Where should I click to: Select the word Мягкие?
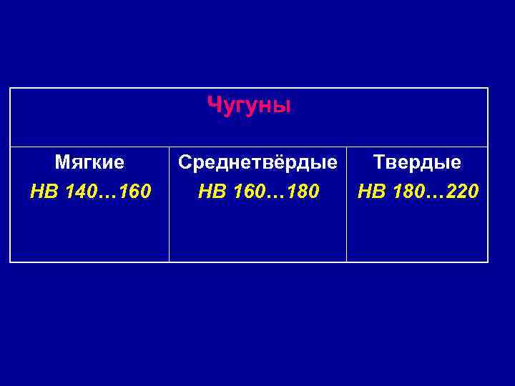[x=89, y=163]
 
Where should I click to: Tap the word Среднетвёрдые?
[x=257, y=163]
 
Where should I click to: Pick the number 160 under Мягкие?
[x=134, y=192]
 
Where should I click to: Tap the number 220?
[x=462, y=192]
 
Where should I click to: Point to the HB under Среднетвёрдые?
[x=210, y=192]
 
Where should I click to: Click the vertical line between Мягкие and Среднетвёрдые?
[x=170, y=214]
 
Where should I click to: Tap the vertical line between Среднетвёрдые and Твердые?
[x=347, y=214]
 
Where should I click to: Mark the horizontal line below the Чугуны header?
[x=249, y=147]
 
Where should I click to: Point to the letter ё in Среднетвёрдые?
[x=285, y=162]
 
